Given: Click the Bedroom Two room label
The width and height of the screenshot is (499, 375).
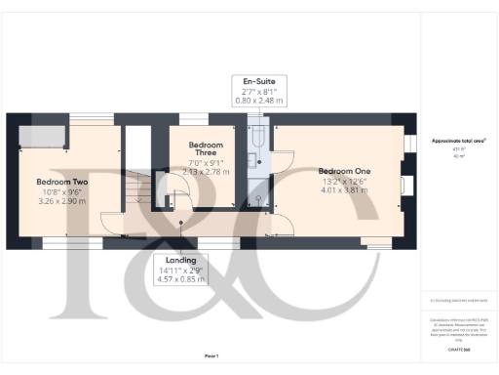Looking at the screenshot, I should pyautogui.click(x=62, y=182).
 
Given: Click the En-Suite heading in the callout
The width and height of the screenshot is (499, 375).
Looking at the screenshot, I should pyautogui.click(x=258, y=81).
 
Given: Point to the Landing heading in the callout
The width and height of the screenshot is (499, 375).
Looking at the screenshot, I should pyautogui.click(x=180, y=261).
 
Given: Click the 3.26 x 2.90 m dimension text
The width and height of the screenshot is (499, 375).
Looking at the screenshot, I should pyautogui.click(x=62, y=201).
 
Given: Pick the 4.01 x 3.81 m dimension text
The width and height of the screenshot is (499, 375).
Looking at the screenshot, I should pyautogui.click(x=344, y=189).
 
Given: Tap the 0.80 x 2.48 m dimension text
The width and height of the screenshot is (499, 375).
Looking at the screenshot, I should pyautogui.click(x=259, y=100).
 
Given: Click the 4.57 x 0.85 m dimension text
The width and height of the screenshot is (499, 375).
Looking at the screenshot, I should pyautogui.click(x=180, y=280).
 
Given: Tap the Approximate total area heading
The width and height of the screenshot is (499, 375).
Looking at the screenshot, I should pyautogui.click(x=459, y=141).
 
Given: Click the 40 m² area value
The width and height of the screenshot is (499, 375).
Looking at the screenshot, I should pyautogui.click(x=459, y=155).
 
